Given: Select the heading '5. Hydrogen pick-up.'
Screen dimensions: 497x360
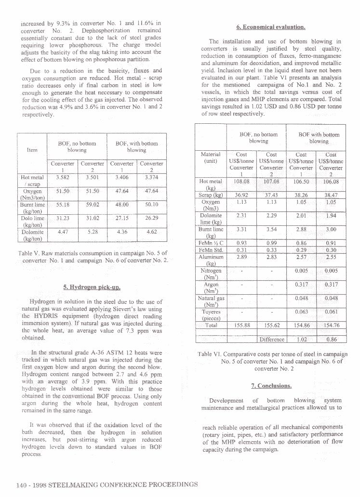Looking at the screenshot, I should click(x=92, y=288).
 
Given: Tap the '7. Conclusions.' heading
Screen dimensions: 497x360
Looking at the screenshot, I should click(x=271, y=386).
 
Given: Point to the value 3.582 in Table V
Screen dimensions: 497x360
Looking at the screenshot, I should click(x=63, y=177).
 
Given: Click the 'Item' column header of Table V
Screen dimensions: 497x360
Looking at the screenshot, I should click(x=32, y=150).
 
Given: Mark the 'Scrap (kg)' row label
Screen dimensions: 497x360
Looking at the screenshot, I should click(x=211, y=196).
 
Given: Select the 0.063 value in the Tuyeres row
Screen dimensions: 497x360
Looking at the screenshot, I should click(x=302, y=312).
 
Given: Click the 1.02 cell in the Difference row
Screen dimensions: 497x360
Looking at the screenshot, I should click(x=302, y=339).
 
